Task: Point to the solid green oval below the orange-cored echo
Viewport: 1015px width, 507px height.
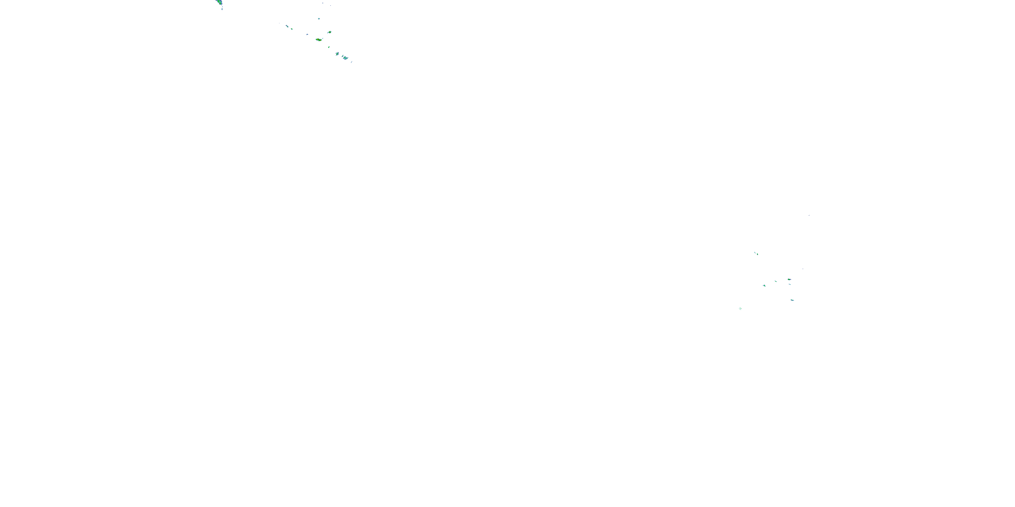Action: tap(329, 47)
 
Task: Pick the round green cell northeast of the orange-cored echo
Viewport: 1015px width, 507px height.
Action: tap(330, 32)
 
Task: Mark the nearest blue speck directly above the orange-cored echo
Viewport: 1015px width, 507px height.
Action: tap(319, 19)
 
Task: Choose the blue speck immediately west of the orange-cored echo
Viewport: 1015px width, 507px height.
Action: tap(307, 34)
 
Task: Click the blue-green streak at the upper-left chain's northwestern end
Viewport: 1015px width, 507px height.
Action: tap(287, 26)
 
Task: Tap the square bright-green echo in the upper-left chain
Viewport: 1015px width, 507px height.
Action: tap(292, 29)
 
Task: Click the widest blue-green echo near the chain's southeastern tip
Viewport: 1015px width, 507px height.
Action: tap(345, 58)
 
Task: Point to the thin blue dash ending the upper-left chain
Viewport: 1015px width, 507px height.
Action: tap(352, 62)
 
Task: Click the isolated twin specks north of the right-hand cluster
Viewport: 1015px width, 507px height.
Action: tap(756, 253)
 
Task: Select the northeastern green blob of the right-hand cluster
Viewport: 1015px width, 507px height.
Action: tap(789, 279)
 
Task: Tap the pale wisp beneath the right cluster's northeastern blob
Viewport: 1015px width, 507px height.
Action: tap(790, 284)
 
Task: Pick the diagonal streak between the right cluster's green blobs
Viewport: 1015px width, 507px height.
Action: tap(775, 281)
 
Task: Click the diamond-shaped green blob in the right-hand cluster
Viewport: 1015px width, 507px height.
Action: tap(764, 285)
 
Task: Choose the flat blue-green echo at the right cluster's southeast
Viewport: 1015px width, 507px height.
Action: tap(792, 300)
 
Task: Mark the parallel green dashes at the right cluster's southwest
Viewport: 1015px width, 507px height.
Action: tap(740, 308)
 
